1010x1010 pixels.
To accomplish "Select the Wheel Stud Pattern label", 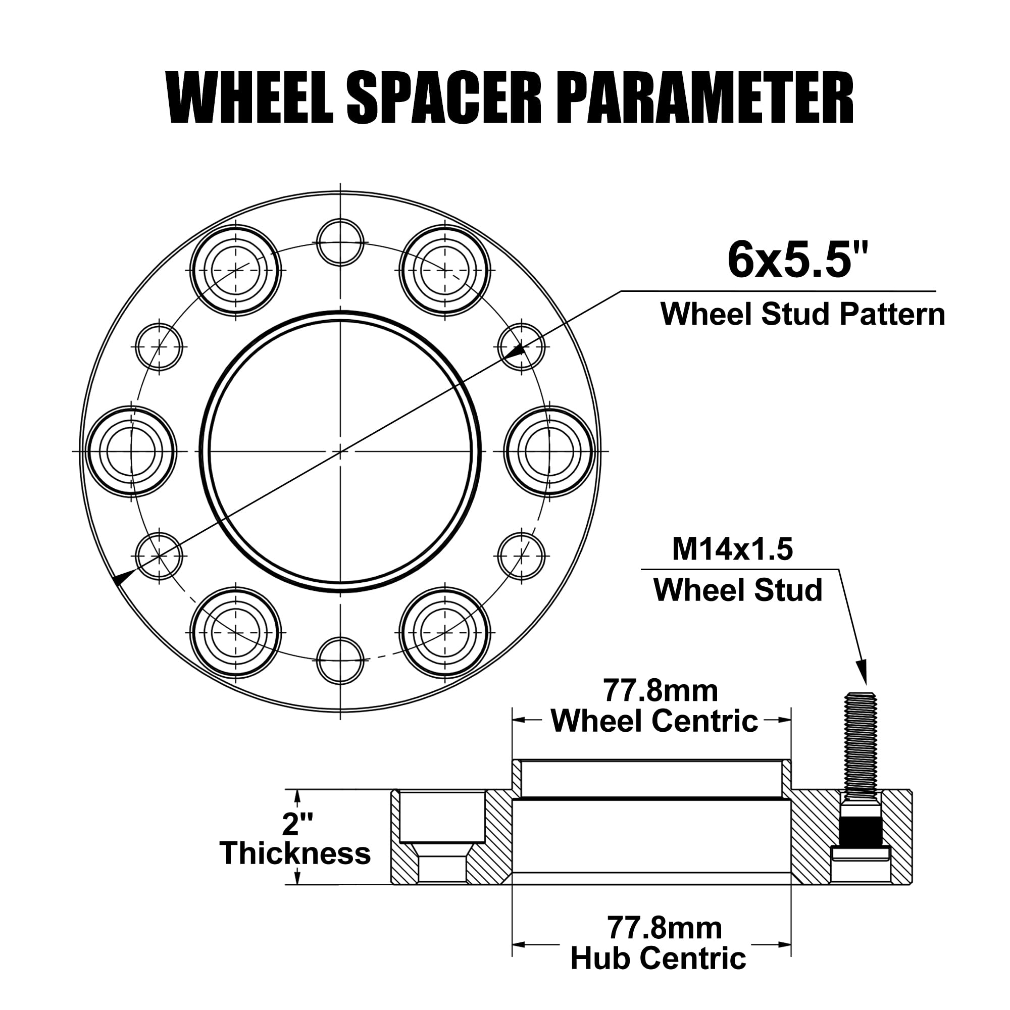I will pos(802,314).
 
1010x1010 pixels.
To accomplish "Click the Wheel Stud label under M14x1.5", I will pos(738,590).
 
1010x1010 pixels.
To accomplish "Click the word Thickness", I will pos(295,853).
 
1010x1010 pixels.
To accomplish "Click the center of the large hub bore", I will pos(340,450).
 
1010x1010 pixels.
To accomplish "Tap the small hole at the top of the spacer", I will pos(340,242).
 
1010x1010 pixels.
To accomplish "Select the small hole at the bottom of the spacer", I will pos(340,660).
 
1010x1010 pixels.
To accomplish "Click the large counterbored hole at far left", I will pos(131,451).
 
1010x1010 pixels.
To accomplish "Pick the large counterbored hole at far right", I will pos(549,451).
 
